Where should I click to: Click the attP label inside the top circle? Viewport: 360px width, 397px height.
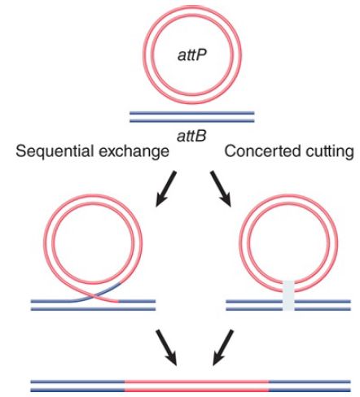(192, 55)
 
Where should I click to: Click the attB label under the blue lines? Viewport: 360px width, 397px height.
(191, 136)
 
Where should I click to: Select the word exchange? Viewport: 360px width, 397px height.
(134, 151)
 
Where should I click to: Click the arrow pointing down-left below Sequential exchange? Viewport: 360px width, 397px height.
(166, 189)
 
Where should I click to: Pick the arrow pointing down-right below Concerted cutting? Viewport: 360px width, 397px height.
(221, 189)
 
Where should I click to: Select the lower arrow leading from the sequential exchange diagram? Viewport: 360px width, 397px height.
(166, 347)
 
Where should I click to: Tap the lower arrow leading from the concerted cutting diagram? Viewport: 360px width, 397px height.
(223, 347)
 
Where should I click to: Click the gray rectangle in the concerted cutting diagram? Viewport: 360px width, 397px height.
(288, 296)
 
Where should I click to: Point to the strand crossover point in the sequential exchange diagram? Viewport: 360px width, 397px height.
(94, 296)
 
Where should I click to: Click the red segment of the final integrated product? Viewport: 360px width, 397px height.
(197, 386)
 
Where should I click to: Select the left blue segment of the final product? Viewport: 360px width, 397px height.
(77, 386)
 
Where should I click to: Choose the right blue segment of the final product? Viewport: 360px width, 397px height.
(310, 386)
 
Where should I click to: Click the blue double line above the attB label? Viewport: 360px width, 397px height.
(192, 117)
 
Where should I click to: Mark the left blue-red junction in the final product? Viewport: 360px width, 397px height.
(125, 386)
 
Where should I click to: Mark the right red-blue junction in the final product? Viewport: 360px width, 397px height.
(269, 386)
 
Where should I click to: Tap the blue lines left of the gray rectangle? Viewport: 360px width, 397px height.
(255, 305)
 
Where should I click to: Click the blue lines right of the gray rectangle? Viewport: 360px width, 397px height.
(323, 305)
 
